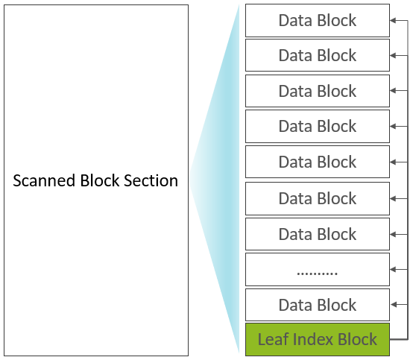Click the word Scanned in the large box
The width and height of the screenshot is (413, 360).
44,180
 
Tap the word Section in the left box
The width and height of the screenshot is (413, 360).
151,180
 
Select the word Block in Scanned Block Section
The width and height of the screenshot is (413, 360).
100,180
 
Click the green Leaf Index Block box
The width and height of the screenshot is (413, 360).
318,339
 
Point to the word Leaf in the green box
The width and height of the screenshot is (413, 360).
273,339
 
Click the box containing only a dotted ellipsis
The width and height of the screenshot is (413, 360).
318,269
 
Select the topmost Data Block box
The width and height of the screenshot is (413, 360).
318,21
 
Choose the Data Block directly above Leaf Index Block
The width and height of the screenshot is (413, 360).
318,305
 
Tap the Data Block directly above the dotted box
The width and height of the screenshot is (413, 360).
318,234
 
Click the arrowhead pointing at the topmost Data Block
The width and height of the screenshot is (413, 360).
393,21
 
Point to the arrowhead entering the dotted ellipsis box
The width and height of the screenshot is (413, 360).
393,269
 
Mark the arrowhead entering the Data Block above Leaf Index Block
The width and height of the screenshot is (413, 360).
393,305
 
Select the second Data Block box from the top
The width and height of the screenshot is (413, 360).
318,55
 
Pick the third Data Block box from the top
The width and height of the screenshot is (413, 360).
318,91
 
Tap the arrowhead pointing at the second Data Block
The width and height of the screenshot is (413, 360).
393,56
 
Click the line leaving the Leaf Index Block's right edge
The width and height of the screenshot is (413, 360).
399,339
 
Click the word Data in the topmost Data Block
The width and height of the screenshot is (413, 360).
295,21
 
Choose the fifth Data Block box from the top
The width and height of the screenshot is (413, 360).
318,162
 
